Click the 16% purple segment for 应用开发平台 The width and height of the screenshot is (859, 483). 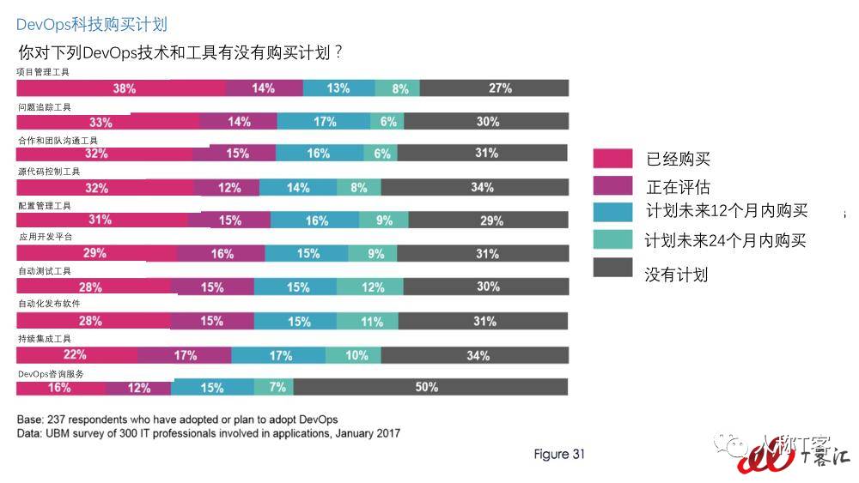pyautogui.click(x=221, y=253)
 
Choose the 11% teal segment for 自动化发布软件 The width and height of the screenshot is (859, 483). pyautogui.click(x=368, y=321)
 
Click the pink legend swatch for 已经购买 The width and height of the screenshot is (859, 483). pyautogui.click(x=613, y=158)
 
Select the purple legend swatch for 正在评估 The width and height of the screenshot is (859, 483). pyautogui.click(x=613, y=186)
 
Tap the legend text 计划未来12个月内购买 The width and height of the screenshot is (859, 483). pyautogui.click(x=727, y=211)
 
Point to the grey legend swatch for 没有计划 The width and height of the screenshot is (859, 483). pyautogui.click(x=613, y=268)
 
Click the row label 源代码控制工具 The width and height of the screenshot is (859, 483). pyautogui.click(x=49, y=172)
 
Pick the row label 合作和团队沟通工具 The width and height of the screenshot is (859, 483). pyautogui.click(x=58, y=140)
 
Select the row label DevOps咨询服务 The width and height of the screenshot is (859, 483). pyautogui.click(x=51, y=374)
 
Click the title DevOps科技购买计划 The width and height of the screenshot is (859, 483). pyautogui.click(x=91, y=23)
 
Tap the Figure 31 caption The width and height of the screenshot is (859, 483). pyautogui.click(x=558, y=454)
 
